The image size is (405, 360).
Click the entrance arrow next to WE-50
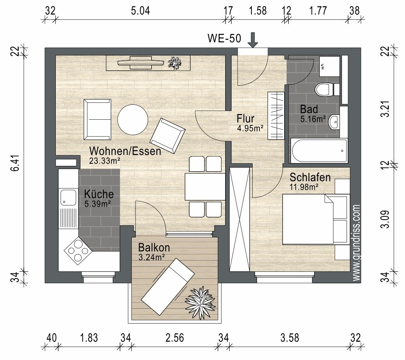coord(253,40)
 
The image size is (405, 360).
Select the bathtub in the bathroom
coord(319,150)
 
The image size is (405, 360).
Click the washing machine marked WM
coord(329,66)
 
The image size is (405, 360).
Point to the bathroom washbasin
coord(334,121)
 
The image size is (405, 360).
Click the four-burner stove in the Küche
coord(78,250)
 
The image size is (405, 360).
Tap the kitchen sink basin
coord(68,197)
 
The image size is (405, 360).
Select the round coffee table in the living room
coord(133,119)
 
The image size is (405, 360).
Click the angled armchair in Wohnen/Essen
coord(168,136)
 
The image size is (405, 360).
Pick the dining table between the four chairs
coord(205,186)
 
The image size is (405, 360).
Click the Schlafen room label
coord(310,177)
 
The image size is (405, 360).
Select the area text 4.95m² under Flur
coord(250,128)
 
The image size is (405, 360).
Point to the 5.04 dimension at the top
coord(140,11)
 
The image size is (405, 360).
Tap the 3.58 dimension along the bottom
coord(289,338)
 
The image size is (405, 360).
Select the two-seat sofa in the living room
coord(97,119)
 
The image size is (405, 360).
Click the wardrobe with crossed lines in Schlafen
coord(240,219)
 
